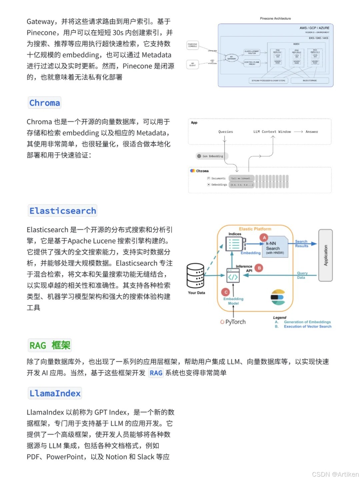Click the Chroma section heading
[45, 103]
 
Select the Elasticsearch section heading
[63, 211]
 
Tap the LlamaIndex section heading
[55, 393]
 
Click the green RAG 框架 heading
[50, 345]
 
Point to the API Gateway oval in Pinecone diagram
[231, 58]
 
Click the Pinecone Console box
[192, 45]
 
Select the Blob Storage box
[310, 80]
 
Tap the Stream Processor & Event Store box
[268, 80]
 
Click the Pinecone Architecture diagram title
[275, 19]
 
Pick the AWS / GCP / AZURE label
[314, 28]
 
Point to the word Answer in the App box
[312, 132]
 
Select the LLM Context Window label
[272, 132]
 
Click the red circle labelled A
[264, 237]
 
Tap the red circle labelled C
[226, 292]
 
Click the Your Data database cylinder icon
[195, 276]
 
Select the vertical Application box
[326, 256]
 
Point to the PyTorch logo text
[233, 322]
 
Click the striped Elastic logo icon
[277, 297]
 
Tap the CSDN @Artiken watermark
[335, 474]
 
